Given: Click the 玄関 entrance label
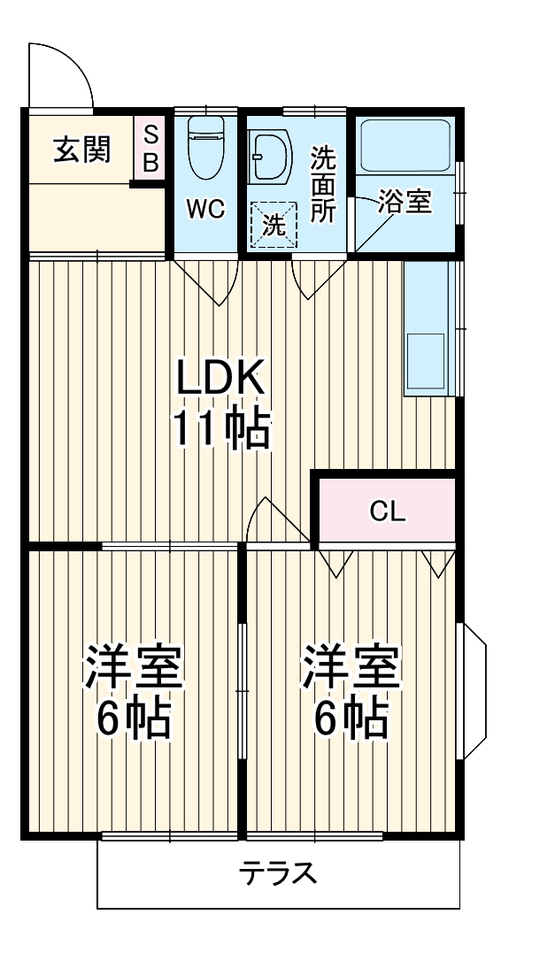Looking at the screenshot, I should (81, 150).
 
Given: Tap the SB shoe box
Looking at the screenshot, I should (150, 149).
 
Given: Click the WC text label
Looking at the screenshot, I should (205, 209).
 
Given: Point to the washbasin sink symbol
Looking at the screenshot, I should (269, 157).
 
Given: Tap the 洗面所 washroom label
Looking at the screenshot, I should (322, 184).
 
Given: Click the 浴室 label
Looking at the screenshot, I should (405, 202).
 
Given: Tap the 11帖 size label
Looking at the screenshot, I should (220, 430).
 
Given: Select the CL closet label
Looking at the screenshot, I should (388, 511).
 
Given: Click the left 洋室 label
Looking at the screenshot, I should (134, 668).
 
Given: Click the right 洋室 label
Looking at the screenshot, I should (351, 668).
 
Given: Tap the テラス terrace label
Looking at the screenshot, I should (278, 874).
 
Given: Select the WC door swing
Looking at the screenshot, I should (205, 281).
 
